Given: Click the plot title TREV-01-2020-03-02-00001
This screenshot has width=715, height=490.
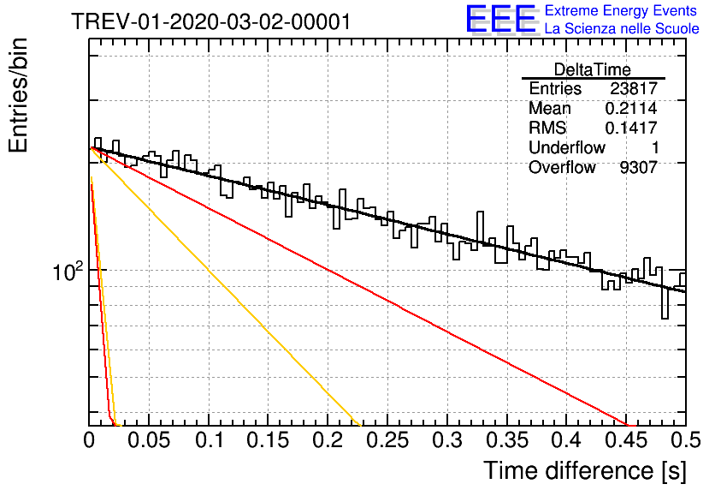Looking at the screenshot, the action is coord(211,21).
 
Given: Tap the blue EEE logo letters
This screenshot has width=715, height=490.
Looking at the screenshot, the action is coord(500,19).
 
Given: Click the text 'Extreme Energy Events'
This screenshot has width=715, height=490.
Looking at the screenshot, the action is coord(621,10).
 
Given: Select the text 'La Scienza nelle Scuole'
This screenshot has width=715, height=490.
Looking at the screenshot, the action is coord(622,28).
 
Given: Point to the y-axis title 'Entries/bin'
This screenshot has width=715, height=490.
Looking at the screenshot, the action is coord(18,95).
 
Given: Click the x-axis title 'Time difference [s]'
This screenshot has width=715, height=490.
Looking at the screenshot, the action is coord(585,470).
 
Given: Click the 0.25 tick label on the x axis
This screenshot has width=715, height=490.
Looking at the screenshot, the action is coord(387,440).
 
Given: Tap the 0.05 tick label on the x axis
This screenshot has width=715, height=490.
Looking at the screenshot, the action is coord(149,440).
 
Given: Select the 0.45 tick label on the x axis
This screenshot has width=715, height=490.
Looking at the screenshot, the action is coord(626,440).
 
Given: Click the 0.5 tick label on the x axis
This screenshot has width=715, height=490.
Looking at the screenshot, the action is coord(685,440).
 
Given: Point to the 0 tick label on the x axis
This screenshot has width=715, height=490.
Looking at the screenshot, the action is coord(89,440).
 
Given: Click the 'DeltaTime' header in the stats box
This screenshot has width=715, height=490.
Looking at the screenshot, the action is coord(593,69).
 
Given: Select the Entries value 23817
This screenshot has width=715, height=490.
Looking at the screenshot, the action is coord(634,88).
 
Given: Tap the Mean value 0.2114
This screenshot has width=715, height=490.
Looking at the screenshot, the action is coord(631,108).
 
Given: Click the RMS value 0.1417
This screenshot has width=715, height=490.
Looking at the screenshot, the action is coord(631,128).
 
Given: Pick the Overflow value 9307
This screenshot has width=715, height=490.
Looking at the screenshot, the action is coord(638,168).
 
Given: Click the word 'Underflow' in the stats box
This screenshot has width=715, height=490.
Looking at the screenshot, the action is coord(567,147).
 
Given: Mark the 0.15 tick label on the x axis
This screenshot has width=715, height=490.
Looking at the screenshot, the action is coord(268,440).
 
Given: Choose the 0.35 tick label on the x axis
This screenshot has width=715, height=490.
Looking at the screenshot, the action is coord(507,440).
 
